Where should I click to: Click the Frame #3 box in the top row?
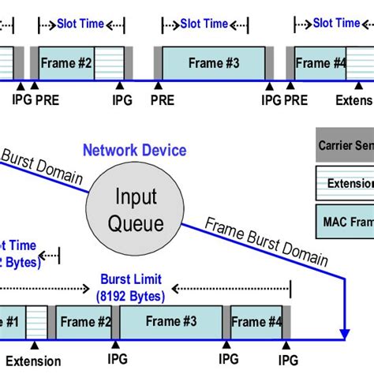[213, 62]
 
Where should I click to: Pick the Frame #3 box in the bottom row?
[173, 321]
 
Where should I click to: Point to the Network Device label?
[136, 151]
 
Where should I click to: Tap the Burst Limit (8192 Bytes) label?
[132, 288]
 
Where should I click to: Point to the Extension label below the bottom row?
[32, 361]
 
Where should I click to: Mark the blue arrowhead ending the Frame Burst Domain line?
[344, 333]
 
